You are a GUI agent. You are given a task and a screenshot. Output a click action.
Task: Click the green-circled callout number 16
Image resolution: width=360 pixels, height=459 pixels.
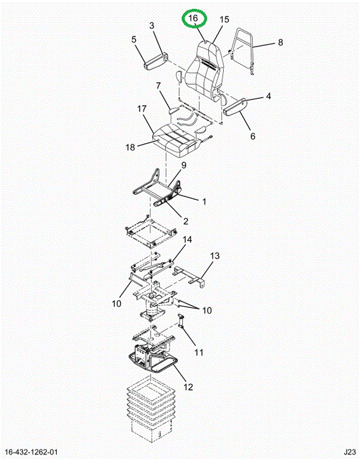click(x=193, y=18)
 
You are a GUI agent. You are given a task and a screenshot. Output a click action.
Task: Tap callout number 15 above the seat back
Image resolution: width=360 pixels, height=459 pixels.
click(x=224, y=20)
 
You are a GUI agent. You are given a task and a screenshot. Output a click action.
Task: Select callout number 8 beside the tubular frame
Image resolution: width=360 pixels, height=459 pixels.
click(x=280, y=43)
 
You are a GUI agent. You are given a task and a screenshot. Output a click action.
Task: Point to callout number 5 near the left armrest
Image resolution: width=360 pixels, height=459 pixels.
click(x=134, y=40)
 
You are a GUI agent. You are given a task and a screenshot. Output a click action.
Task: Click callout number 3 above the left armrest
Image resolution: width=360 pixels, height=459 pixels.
click(x=152, y=25)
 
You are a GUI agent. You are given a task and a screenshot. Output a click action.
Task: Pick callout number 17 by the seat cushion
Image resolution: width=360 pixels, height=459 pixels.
click(x=142, y=109)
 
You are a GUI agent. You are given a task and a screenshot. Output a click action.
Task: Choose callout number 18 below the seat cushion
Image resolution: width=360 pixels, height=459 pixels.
click(x=130, y=147)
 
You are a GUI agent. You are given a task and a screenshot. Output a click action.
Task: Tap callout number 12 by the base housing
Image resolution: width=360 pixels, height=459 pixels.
click(x=189, y=387)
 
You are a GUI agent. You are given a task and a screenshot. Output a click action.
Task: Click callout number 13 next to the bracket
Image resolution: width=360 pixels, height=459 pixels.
click(x=215, y=256)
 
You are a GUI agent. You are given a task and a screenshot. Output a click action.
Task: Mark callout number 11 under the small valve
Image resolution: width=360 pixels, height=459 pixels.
click(x=199, y=353)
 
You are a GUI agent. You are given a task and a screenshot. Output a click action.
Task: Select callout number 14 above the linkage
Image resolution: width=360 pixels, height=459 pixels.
click(x=187, y=240)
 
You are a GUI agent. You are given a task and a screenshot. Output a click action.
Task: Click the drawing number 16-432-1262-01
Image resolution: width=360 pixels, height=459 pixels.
click(x=32, y=452)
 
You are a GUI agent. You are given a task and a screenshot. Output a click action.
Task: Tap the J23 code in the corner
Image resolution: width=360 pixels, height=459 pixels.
click(x=350, y=452)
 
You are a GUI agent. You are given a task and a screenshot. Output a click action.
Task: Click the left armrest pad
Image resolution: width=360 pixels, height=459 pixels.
click(x=156, y=61)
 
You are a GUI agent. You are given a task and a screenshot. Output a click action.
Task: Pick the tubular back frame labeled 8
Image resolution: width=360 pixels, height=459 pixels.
click(x=241, y=51)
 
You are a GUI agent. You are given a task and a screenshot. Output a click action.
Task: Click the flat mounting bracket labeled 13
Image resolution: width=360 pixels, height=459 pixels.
click(x=189, y=276)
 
